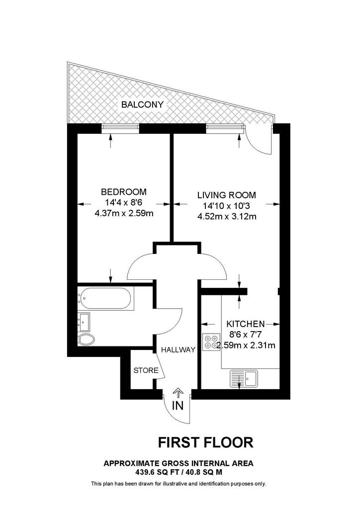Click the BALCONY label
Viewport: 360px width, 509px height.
click(x=142, y=104)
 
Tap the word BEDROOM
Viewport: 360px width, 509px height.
click(x=124, y=191)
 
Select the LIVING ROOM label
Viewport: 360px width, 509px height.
click(x=227, y=195)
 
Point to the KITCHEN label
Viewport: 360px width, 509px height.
click(x=246, y=324)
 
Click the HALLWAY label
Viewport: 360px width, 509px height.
click(x=178, y=349)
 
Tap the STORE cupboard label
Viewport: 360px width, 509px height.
click(x=146, y=370)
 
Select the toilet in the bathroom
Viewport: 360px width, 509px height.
click(x=86, y=339)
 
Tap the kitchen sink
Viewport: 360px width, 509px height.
click(x=244, y=378)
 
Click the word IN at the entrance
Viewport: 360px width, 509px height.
click(x=178, y=406)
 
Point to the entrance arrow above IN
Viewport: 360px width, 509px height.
click(x=178, y=393)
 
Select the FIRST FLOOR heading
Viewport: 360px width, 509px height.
click(x=205, y=442)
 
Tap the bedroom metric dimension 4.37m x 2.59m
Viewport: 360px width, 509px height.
click(x=124, y=214)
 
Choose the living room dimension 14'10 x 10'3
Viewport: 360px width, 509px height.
click(x=227, y=206)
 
